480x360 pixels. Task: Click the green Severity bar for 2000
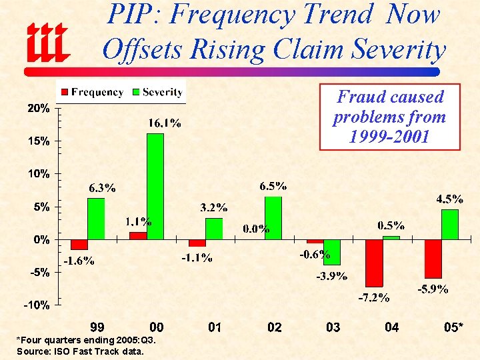155,186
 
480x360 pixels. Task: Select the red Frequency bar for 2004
374,262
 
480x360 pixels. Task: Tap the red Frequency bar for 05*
433,258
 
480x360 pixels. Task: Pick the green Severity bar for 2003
331,251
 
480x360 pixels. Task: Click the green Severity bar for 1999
96,218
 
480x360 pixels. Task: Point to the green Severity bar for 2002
273,217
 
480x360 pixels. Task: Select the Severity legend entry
157,92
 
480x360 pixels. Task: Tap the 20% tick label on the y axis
38,108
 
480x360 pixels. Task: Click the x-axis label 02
274,327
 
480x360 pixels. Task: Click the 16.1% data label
164,123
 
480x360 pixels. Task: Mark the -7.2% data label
373,297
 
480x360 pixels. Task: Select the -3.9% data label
331,277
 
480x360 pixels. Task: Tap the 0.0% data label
256,229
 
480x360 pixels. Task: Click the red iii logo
47,41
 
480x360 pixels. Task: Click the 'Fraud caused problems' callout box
389,117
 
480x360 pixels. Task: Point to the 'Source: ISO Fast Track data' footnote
79,351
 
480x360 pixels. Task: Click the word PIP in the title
133,15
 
